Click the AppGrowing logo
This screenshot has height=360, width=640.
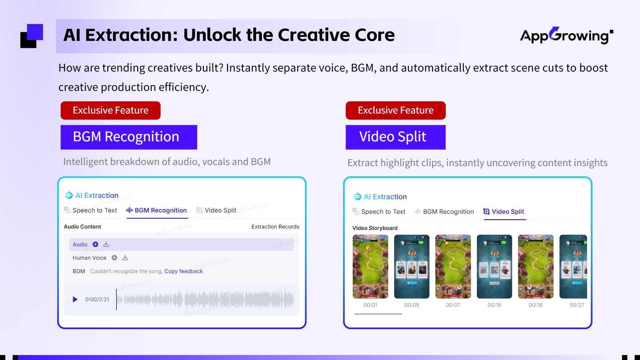click(x=566, y=35)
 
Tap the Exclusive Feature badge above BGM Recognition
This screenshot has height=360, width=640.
click(x=111, y=110)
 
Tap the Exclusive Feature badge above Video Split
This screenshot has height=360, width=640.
click(x=396, y=110)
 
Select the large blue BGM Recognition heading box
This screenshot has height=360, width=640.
click(x=129, y=137)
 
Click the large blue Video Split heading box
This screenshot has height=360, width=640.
click(x=396, y=137)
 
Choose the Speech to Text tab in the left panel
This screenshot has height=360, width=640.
click(x=91, y=210)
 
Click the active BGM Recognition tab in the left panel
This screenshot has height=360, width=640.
click(x=157, y=210)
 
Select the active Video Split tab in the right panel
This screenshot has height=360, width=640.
click(x=504, y=212)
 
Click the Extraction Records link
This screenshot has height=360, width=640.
click(x=275, y=227)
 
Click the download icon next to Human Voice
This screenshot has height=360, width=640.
click(x=125, y=258)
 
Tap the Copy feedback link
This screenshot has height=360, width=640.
click(x=184, y=271)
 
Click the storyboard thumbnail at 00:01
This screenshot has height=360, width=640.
click(x=370, y=267)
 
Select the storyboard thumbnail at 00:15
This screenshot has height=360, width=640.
click(x=494, y=267)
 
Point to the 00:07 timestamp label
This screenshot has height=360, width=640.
click(x=453, y=305)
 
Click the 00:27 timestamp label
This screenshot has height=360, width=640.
click(x=577, y=305)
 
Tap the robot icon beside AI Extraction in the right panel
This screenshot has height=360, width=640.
click(x=358, y=196)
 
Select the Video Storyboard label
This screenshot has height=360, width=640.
click(x=375, y=228)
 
